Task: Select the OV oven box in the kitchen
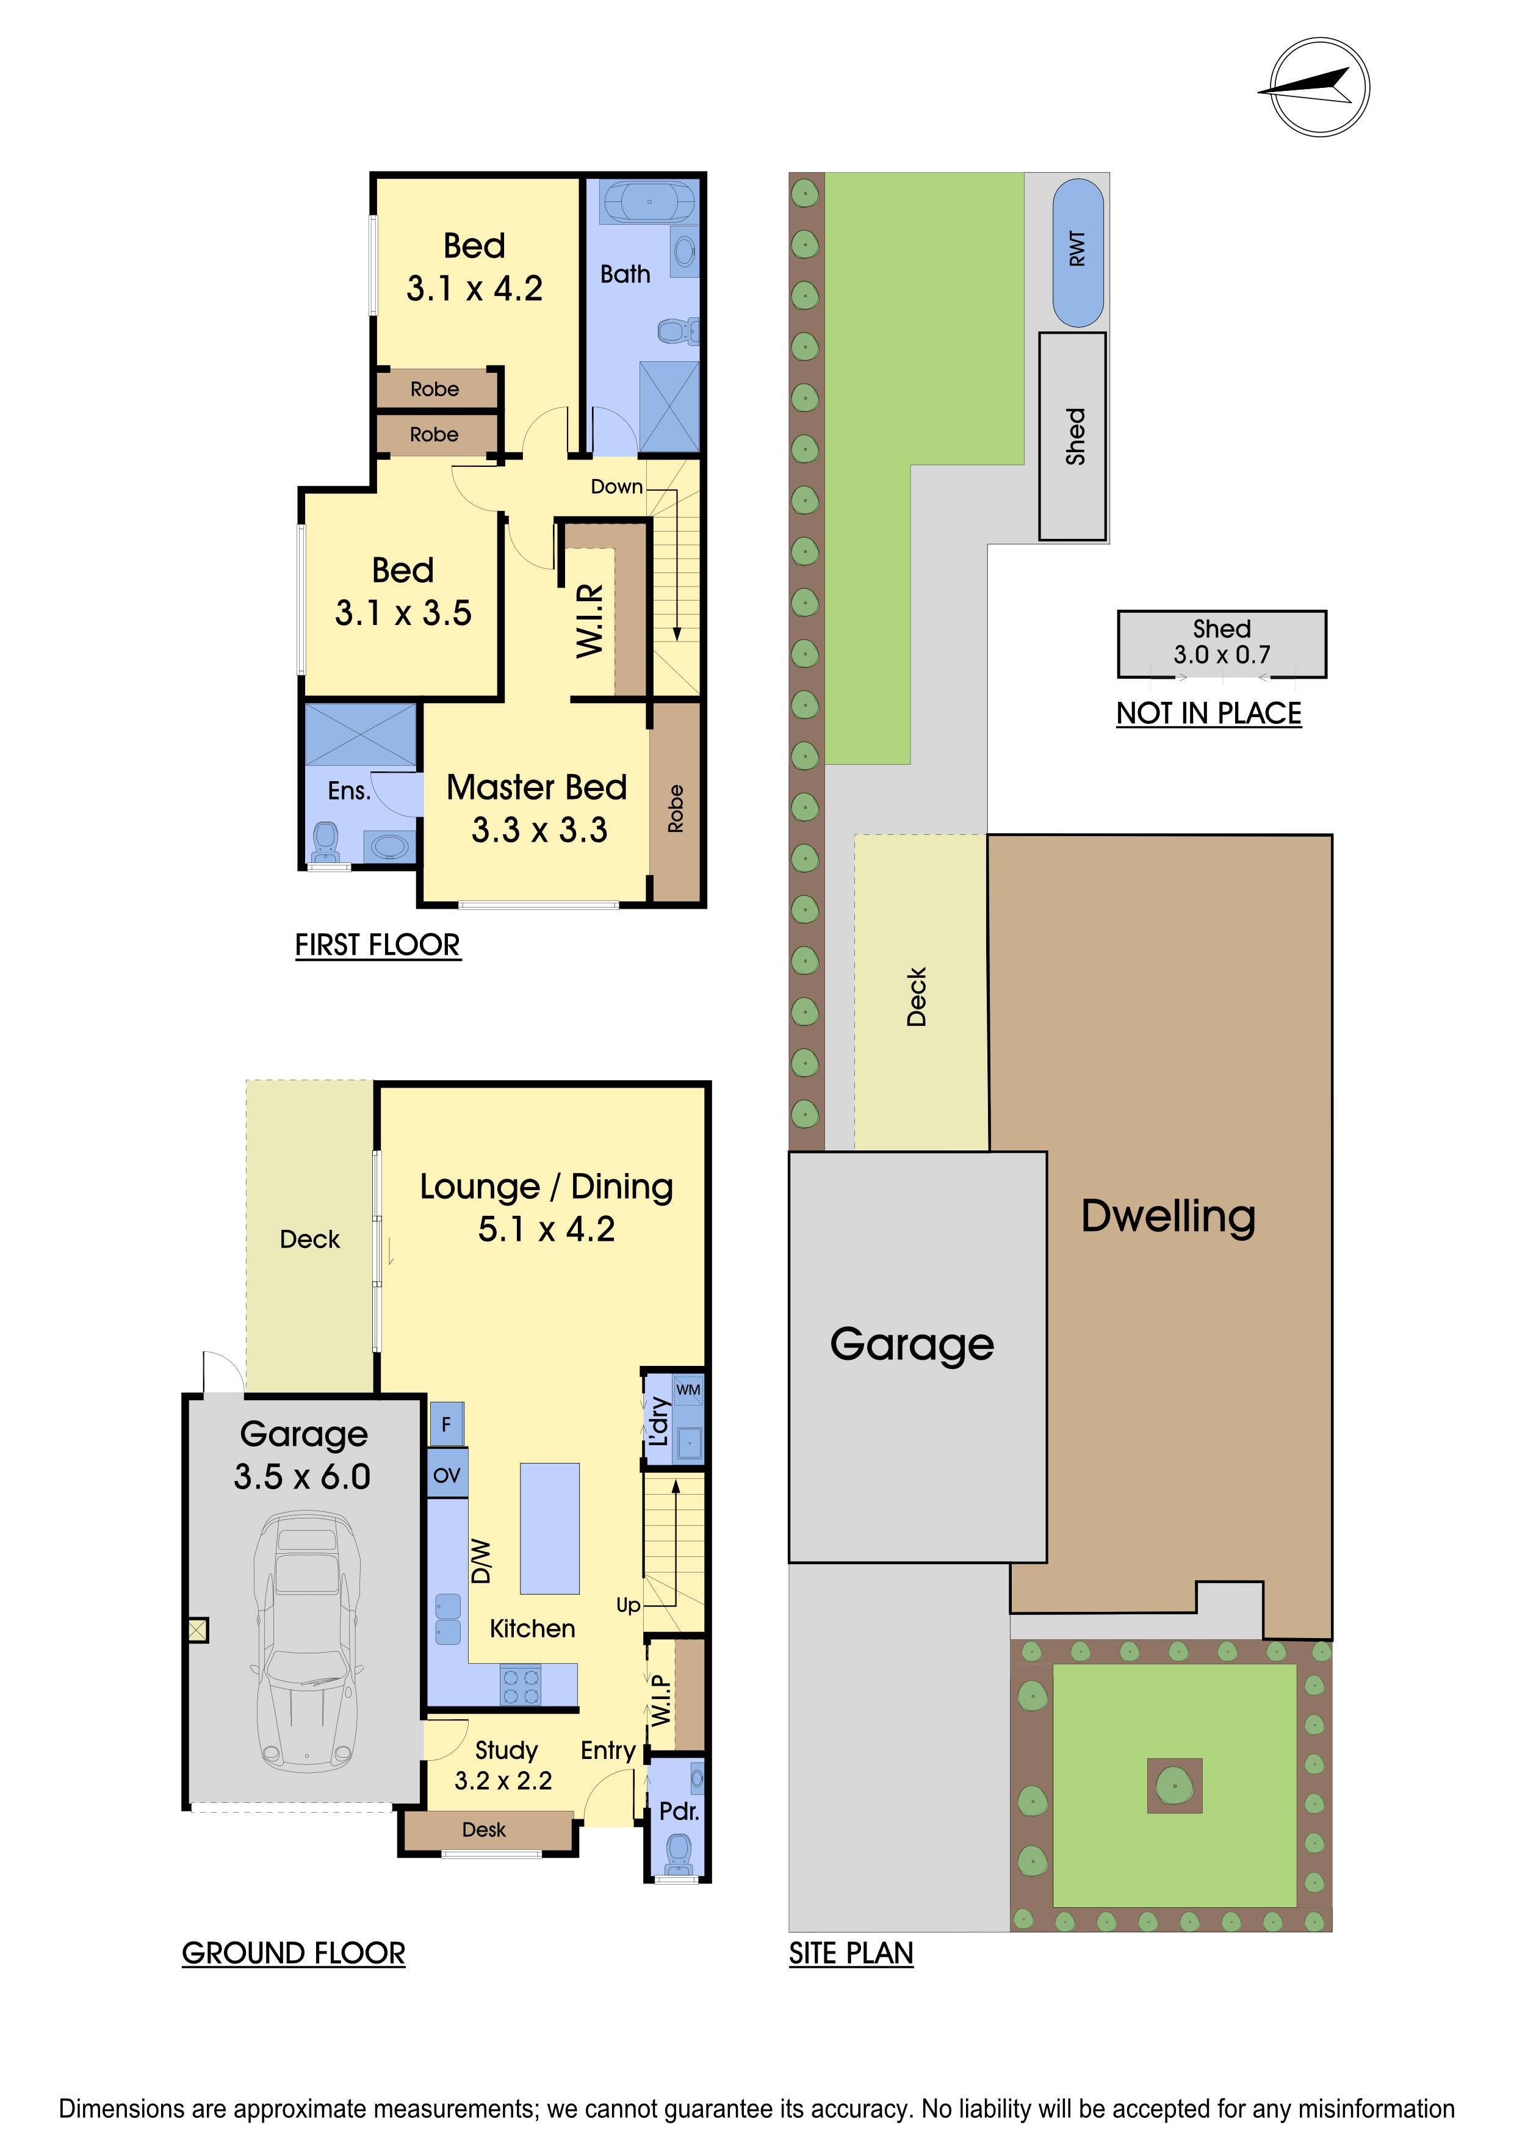tap(447, 1475)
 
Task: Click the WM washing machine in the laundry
tap(688, 1390)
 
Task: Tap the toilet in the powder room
tap(678, 1851)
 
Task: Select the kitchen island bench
tap(549, 1528)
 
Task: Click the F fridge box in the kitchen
tap(445, 1424)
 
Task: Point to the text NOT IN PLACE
tap(1209, 713)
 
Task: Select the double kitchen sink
tap(447, 1618)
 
